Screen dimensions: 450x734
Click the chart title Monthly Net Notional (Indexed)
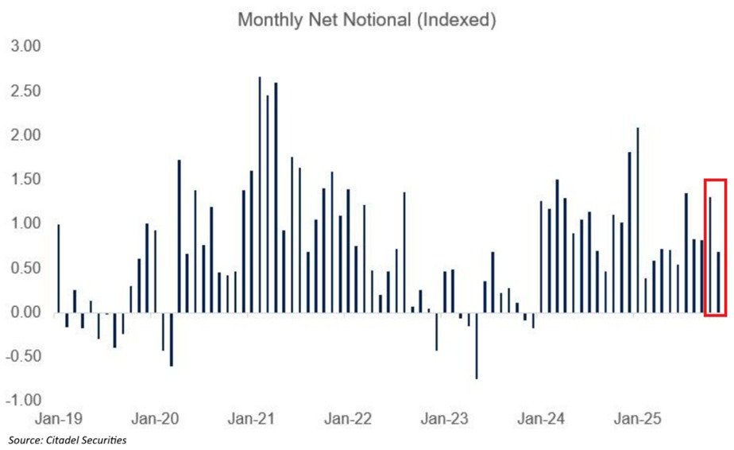click(x=366, y=21)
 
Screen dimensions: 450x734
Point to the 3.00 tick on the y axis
click(x=24, y=47)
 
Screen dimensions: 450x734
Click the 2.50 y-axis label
click(x=24, y=91)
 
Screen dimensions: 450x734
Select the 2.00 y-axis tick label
click(x=24, y=135)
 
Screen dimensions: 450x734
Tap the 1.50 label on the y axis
click(x=24, y=180)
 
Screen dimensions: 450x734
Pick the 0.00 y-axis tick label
click(x=24, y=312)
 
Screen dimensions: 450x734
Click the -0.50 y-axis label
click(x=22, y=356)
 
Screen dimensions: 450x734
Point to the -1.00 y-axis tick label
click(x=22, y=401)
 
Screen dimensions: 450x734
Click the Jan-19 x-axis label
click(x=58, y=417)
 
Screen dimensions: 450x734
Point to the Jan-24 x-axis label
click(x=542, y=417)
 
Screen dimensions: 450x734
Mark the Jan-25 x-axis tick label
click(x=637, y=417)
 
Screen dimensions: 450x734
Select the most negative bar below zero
click(x=477, y=345)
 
